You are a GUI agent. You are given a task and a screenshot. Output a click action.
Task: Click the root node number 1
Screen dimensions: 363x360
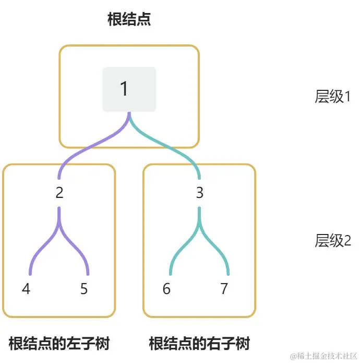pyautogui.click(x=124, y=89)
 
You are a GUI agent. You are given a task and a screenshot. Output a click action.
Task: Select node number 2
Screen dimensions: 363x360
pyautogui.click(x=59, y=193)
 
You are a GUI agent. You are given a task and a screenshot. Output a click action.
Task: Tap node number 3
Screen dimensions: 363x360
pyautogui.click(x=199, y=193)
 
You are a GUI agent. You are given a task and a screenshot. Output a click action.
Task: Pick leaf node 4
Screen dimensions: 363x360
pyautogui.click(x=26, y=289)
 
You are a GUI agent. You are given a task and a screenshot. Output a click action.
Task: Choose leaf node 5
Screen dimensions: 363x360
pyautogui.click(x=84, y=289)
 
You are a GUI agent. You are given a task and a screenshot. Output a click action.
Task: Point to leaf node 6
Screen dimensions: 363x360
pyautogui.click(x=166, y=289)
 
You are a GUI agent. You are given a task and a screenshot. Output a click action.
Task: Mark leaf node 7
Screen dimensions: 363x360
pyautogui.click(x=224, y=289)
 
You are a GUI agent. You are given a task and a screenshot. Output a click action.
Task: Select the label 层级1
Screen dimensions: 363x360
pyautogui.click(x=332, y=97)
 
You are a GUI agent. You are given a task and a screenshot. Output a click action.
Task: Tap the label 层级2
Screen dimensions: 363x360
pyautogui.click(x=332, y=241)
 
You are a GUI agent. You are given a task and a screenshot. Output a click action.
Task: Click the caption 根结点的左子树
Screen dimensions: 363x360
pyautogui.click(x=59, y=344)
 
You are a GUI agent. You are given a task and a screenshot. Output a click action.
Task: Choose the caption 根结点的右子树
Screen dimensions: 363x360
pyautogui.click(x=199, y=344)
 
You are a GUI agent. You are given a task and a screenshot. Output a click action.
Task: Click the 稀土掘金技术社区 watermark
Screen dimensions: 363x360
pyautogui.click(x=323, y=356)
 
